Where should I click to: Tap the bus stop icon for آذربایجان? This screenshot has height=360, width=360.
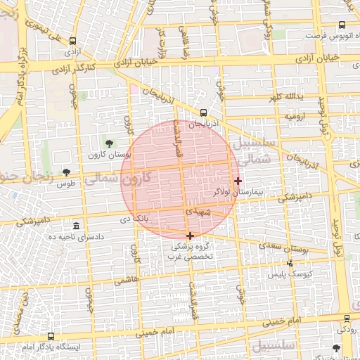click(x=203, y=112)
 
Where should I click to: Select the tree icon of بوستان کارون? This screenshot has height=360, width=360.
click(x=108, y=143)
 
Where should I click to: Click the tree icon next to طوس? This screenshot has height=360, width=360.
click(x=66, y=172)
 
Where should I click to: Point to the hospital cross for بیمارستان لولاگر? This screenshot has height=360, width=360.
click(x=238, y=181)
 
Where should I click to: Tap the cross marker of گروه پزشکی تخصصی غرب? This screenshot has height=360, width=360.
click(x=190, y=236)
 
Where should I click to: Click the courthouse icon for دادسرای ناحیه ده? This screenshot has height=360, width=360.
click(x=76, y=226)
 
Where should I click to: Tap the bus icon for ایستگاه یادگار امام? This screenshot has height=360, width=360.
click(x=51, y=336)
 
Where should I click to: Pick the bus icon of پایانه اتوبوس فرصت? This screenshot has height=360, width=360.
click(x=342, y=25)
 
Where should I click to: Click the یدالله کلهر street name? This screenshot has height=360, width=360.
click(x=294, y=96)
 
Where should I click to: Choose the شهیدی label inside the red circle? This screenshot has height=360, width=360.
click(x=198, y=210)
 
